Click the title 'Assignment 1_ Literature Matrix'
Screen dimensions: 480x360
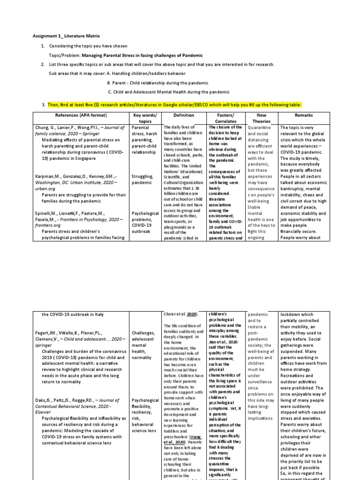tap(66, 36)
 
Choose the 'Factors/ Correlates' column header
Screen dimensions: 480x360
tap(226, 118)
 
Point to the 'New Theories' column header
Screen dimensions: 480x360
tap(262, 118)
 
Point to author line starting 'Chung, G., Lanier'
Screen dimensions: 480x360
tap(80, 127)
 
